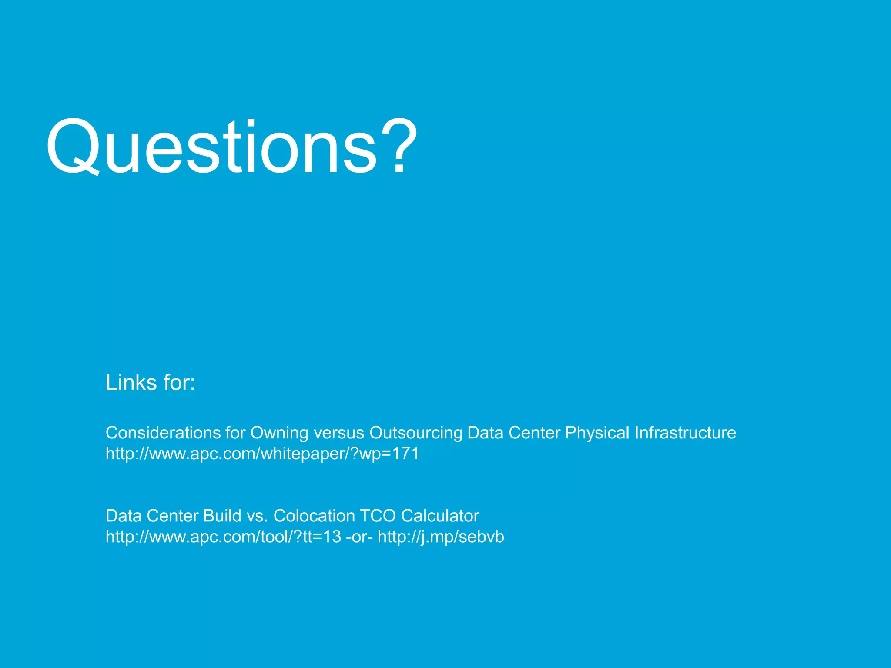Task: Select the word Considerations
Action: coord(163,433)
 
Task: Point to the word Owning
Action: coord(279,433)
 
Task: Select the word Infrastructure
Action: coord(685,433)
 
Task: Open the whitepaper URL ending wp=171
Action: coord(262,454)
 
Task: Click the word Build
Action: coord(222,516)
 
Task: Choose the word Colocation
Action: coord(314,516)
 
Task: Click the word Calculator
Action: coord(440,516)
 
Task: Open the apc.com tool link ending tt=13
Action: coord(223,537)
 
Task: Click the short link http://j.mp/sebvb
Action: coord(441,537)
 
